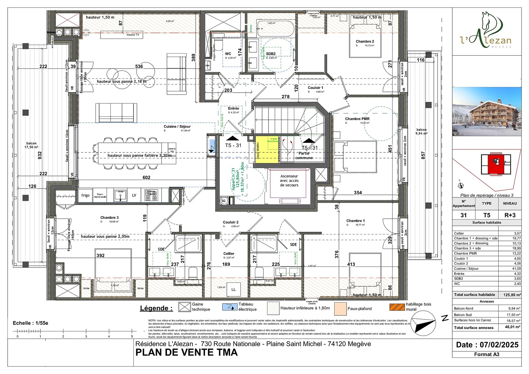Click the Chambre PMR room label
(357, 119)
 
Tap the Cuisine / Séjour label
(177, 126)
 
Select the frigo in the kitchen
(85, 195)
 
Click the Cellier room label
(228, 254)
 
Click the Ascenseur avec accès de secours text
(289, 181)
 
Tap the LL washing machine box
(233, 289)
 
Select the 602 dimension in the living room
(146, 178)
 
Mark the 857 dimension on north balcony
(423, 155)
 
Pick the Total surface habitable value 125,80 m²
(511, 295)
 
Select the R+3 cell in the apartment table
(509, 215)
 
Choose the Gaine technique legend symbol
(184, 307)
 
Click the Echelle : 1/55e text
(30, 323)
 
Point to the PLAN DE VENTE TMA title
(186, 353)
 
